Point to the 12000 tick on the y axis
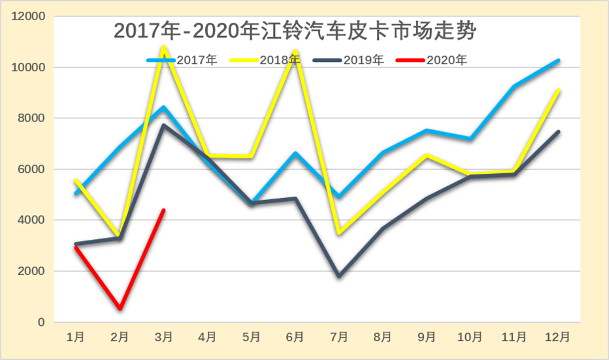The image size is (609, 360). point(28,16)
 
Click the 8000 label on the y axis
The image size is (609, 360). point(31,118)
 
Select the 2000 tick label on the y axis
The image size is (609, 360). point(31,271)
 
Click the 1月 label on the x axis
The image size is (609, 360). point(76,337)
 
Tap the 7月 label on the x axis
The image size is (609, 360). point(338,337)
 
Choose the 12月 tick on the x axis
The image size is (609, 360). point(557,337)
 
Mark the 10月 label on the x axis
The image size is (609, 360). point(470,337)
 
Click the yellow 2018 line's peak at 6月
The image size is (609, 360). point(295,51)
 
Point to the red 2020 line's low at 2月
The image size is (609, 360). point(120,308)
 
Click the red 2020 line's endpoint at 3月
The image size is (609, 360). point(163,210)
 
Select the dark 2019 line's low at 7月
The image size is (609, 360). point(338,276)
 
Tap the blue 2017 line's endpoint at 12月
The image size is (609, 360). point(557,61)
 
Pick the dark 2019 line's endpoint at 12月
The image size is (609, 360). point(557,132)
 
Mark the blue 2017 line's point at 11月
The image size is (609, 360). point(514,86)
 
